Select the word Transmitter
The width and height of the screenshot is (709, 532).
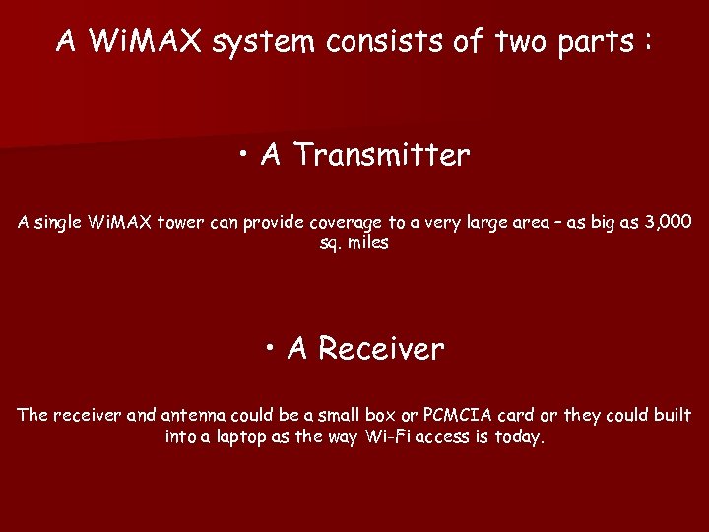tap(381, 155)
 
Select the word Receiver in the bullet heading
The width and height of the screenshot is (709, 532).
tap(381, 348)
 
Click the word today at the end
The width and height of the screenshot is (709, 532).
tap(517, 436)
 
